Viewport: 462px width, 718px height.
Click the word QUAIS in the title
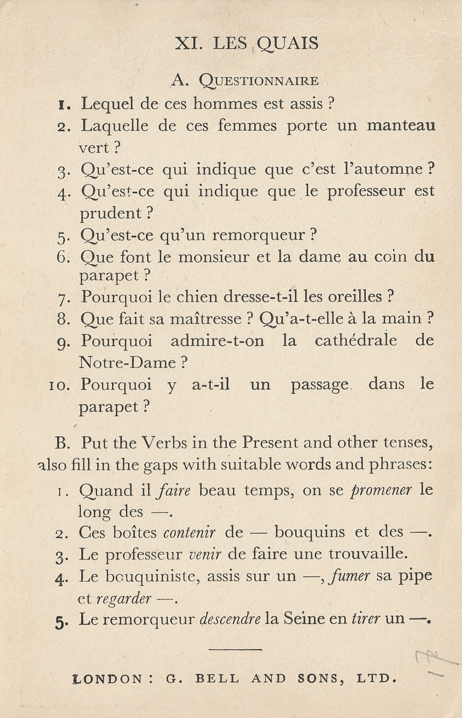point(288,44)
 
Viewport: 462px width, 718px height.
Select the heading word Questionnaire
point(259,81)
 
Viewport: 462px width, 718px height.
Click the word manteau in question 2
point(401,126)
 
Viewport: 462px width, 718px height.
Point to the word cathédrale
point(356,341)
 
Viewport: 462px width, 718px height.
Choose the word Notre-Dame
point(128,363)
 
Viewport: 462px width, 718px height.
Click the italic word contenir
point(189,533)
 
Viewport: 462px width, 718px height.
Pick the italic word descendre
point(230,620)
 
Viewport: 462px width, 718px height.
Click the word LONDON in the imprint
point(107,679)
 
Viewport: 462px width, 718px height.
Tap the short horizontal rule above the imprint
point(236,649)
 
